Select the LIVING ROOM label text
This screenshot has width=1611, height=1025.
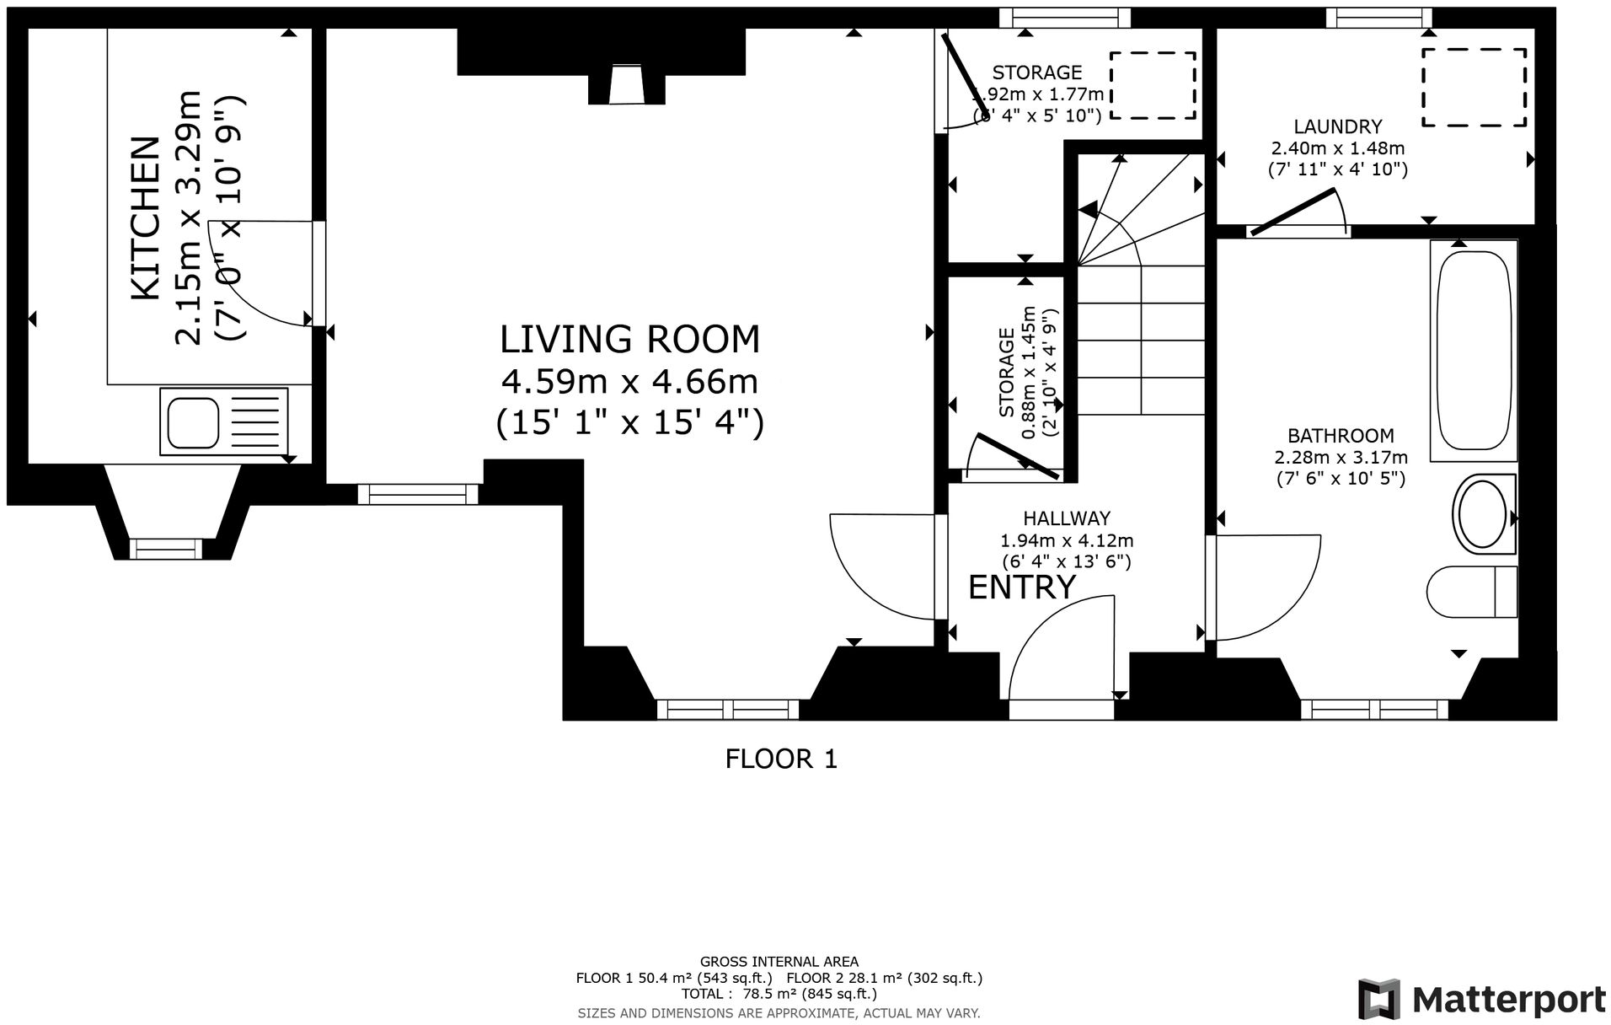coord(629,340)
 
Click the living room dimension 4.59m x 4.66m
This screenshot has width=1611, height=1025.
coord(629,382)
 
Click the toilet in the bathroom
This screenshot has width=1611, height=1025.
coord(1471,592)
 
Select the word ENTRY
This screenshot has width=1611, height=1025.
coord(1021,588)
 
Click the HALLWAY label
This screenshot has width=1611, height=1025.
coord(1066,518)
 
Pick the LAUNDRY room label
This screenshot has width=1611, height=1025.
coord(1337,127)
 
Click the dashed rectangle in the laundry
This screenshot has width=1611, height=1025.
coord(1475,87)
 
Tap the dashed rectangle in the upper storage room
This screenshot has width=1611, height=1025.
coord(1152,85)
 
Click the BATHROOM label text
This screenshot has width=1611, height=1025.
coord(1340,436)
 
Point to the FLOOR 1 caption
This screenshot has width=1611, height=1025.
coord(781,759)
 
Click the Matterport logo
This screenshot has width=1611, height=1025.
coord(1480,1000)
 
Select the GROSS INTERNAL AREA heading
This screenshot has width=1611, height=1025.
coord(779,961)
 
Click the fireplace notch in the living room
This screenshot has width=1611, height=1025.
coord(626,85)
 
